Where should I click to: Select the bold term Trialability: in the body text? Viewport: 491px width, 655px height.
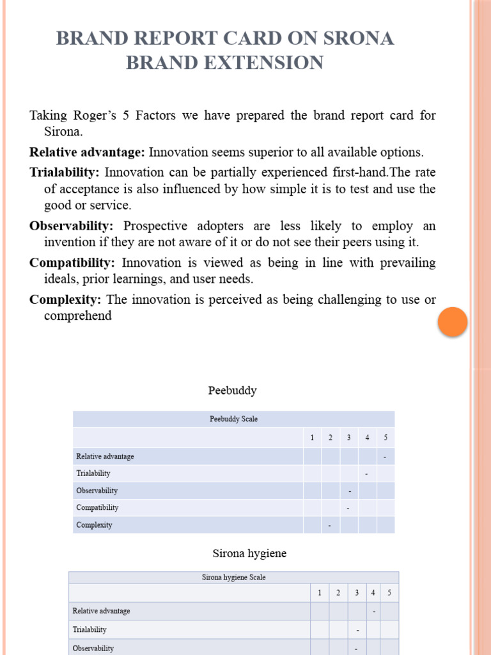[x=65, y=172]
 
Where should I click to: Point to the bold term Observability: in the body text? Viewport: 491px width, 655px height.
[x=71, y=226]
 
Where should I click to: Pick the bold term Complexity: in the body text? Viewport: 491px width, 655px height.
[x=65, y=299]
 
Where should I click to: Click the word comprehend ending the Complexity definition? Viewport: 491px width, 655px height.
[x=77, y=316]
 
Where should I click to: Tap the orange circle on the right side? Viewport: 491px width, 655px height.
[x=453, y=322]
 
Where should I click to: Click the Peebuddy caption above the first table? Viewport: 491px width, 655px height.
[x=232, y=390]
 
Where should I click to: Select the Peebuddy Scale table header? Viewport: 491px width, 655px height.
[x=233, y=420]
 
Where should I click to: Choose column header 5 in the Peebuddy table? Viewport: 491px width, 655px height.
[x=386, y=438]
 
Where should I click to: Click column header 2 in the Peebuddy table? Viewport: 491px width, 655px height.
[x=331, y=438]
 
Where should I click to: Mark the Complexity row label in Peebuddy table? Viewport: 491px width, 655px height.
[x=94, y=525]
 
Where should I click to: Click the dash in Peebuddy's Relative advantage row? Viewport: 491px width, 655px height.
[x=385, y=457]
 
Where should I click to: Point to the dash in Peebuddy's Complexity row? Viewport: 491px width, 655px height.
[x=330, y=526]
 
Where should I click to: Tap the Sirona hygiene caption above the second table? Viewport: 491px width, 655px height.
[x=249, y=554]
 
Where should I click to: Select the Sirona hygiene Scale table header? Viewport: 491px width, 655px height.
[x=233, y=577]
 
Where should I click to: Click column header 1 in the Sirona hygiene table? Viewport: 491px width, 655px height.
[x=320, y=593]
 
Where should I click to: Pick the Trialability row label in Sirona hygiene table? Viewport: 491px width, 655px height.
[x=90, y=629]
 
